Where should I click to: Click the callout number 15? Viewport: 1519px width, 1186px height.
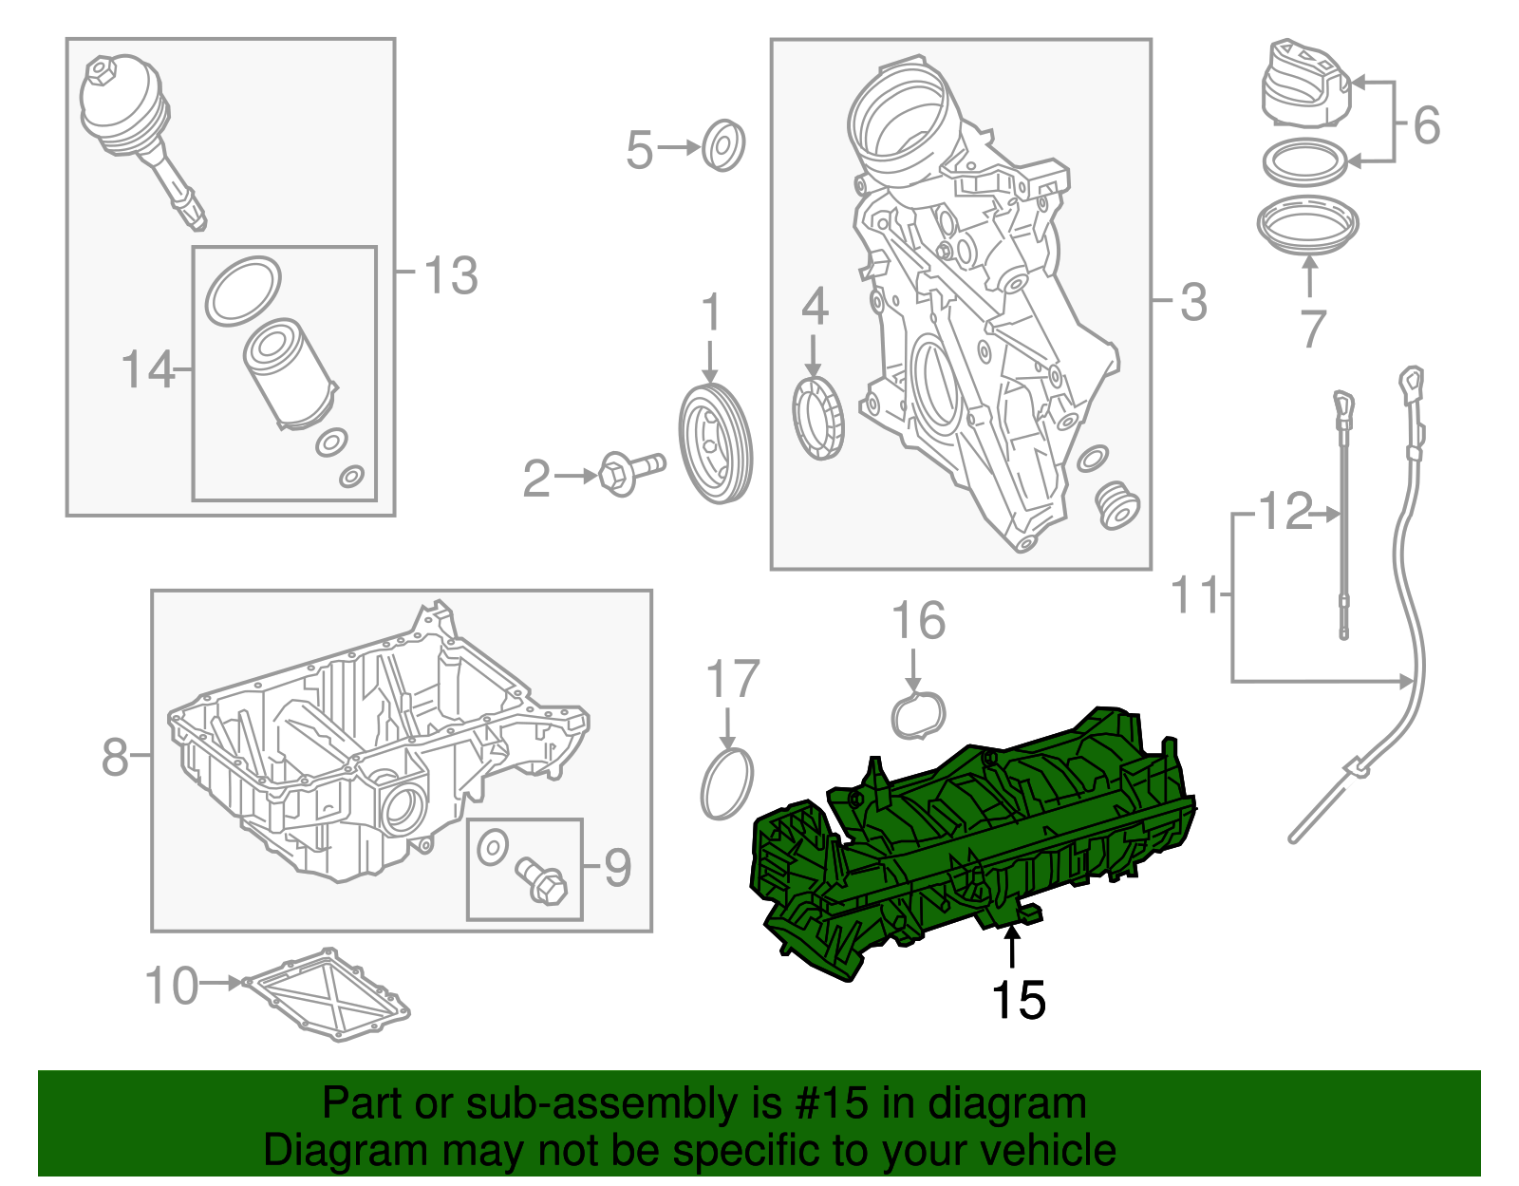(1018, 1001)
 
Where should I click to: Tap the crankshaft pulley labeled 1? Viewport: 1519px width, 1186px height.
(716, 443)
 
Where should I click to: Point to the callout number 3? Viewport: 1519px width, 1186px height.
(1193, 302)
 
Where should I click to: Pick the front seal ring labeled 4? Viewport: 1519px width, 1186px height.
(818, 418)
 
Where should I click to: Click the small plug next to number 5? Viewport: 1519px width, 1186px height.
(723, 145)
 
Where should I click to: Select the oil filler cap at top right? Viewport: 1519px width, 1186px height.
(1305, 85)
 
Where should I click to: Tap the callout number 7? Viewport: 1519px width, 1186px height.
(1312, 329)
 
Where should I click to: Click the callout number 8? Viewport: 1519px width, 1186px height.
(114, 757)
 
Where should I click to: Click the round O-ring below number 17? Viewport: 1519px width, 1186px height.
(727, 783)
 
